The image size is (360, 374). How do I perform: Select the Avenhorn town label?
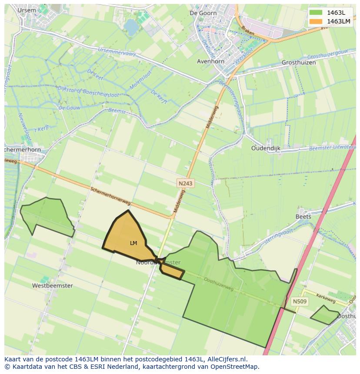pos(210,61)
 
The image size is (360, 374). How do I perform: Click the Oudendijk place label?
pos(266,148)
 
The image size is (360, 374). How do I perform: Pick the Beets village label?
pos(303,216)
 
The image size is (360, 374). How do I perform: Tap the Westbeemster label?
pos(52,286)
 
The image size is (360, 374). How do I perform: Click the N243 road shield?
pos(185,184)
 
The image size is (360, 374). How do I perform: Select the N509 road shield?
pos(300,301)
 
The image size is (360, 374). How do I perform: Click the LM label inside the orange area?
pos(133,243)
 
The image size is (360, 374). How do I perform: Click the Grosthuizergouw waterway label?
pos(327,56)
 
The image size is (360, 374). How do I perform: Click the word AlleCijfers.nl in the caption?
pos(227,359)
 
